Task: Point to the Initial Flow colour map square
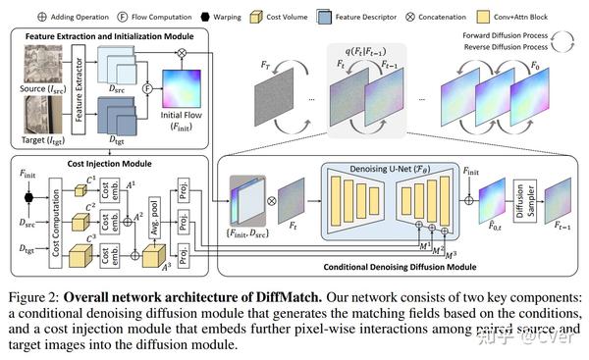[x=179, y=93]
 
